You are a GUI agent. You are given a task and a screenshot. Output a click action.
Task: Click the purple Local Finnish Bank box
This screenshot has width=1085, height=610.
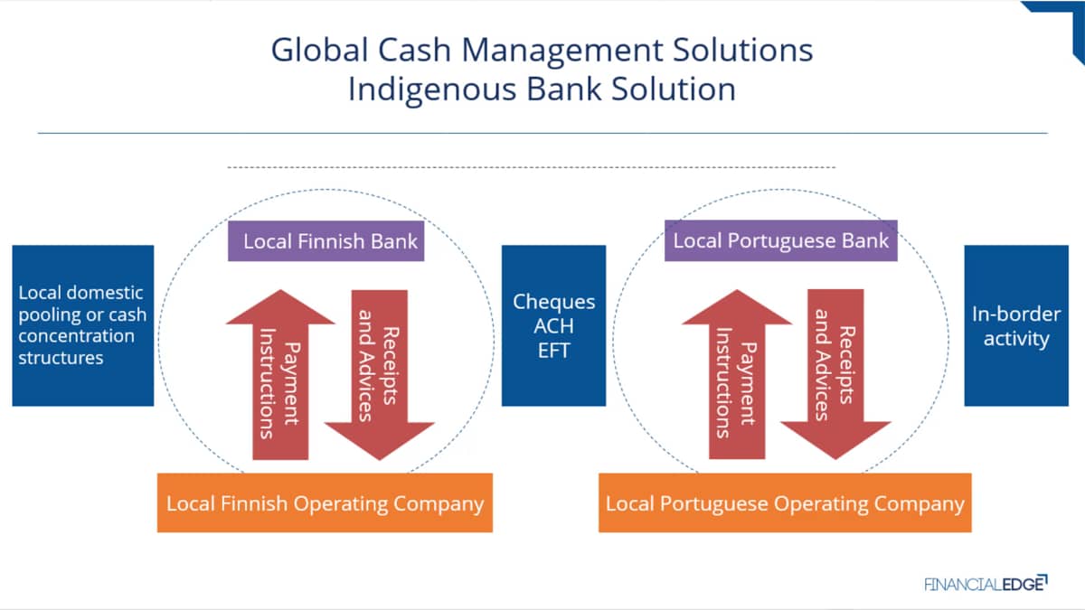pyautogui.click(x=326, y=241)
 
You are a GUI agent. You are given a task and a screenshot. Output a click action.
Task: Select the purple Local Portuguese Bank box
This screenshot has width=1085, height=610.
pyautogui.click(x=781, y=240)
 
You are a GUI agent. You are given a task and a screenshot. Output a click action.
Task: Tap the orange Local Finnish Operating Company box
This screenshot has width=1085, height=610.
pyautogui.click(x=325, y=503)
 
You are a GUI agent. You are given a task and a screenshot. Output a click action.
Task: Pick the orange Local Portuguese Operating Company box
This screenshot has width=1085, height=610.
pyautogui.click(x=785, y=503)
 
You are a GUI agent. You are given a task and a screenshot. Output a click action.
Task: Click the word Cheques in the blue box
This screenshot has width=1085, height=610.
pyautogui.click(x=553, y=302)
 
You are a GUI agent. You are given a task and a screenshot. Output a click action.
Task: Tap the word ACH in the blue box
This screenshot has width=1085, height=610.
pyautogui.click(x=553, y=326)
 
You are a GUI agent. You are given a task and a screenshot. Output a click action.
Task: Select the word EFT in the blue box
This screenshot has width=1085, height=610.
pyautogui.click(x=553, y=350)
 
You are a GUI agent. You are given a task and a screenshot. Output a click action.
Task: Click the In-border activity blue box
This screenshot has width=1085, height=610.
pyautogui.click(x=1016, y=325)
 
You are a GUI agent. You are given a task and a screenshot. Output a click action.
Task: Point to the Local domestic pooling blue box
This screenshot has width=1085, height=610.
pyautogui.click(x=83, y=325)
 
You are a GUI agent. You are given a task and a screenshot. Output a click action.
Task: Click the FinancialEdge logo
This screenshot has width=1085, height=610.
pyautogui.click(x=986, y=584)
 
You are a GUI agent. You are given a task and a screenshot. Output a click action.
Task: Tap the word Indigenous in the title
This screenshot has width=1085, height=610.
pyautogui.click(x=432, y=90)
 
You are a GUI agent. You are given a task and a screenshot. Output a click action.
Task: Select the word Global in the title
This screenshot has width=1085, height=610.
pyautogui.click(x=320, y=50)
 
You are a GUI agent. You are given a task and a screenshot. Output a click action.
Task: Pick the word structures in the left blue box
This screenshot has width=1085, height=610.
pyautogui.click(x=61, y=358)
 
